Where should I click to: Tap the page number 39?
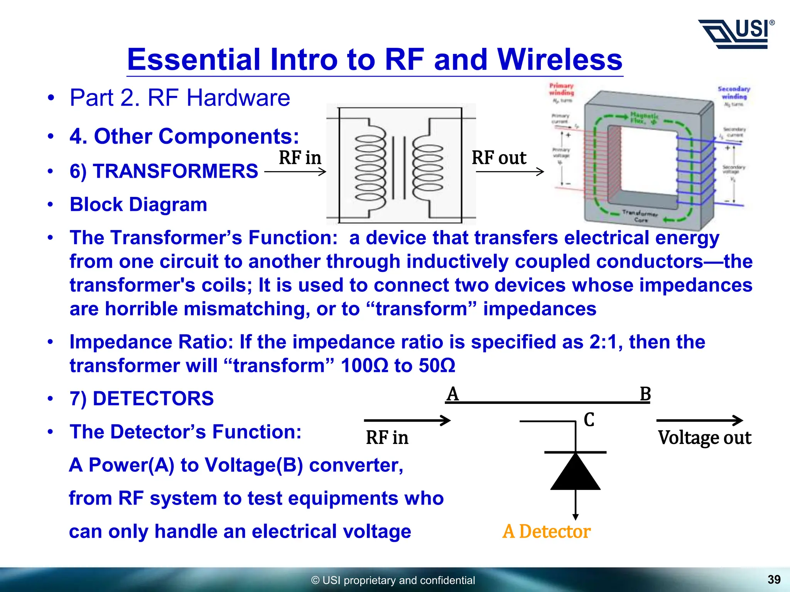774,579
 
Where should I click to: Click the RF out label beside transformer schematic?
499,158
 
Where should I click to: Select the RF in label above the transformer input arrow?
300,158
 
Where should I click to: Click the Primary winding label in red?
561,89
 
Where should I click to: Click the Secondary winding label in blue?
734,92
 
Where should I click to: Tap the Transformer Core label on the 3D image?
640,216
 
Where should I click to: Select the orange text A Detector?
546,531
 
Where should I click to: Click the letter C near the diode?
589,420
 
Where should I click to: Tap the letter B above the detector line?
645,394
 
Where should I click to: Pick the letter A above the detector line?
452,394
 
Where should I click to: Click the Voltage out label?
704,438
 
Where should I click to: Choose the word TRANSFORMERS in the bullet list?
175,171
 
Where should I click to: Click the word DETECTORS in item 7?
153,399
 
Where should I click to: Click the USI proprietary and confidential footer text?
393,580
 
